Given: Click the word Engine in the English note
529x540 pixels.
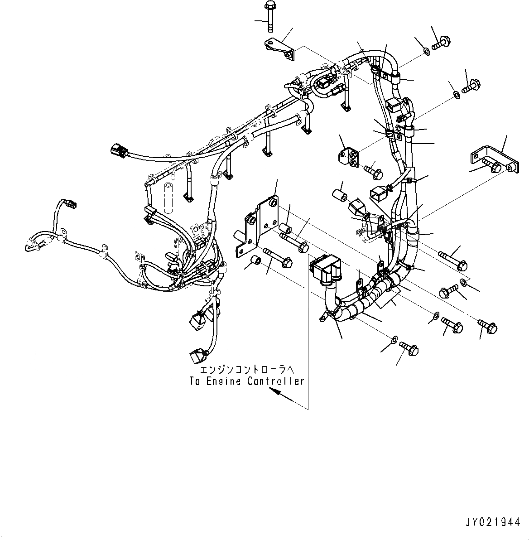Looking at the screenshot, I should [222, 381].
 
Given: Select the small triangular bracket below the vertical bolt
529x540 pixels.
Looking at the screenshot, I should [280, 48].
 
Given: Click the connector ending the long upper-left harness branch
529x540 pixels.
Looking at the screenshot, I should [116, 150].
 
